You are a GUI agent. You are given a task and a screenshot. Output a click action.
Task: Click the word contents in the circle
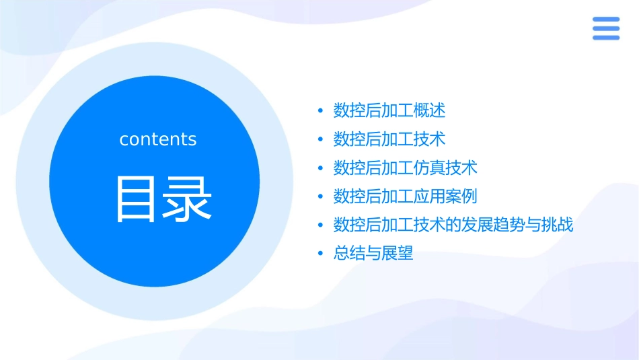click(x=158, y=139)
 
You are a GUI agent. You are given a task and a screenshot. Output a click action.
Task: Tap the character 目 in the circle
click(x=137, y=199)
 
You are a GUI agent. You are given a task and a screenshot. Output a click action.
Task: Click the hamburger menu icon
click(x=606, y=28)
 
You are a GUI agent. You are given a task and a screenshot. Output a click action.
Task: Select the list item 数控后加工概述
click(x=389, y=110)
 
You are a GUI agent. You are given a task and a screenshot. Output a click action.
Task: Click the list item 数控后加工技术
click(x=389, y=139)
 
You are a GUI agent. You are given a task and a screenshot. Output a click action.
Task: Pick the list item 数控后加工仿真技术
click(x=406, y=168)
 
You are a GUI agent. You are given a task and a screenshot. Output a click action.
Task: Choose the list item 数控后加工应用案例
click(x=406, y=196)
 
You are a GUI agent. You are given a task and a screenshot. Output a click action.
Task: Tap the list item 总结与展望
click(x=373, y=254)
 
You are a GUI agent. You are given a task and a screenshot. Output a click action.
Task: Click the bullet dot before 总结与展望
click(x=320, y=254)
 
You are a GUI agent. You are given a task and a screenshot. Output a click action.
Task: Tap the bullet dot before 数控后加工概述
click(x=320, y=110)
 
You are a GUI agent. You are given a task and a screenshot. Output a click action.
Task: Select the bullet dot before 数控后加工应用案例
click(x=320, y=196)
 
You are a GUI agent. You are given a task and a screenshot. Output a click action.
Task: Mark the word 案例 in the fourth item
click(x=461, y=196)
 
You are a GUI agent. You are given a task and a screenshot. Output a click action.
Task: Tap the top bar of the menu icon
click(x=606, y=20)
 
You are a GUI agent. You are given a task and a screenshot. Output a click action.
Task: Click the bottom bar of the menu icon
click(x=606, y=37)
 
